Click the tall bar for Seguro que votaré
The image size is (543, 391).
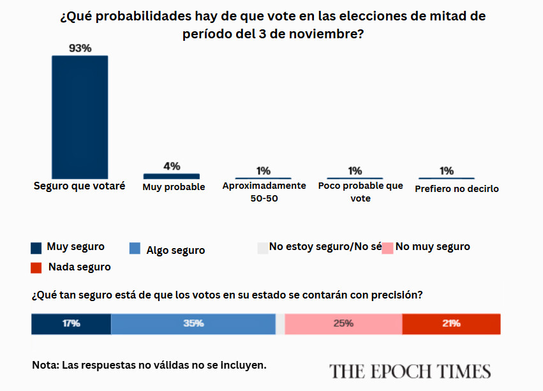pyautogui.click(x=80, y=117)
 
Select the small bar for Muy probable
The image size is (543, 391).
pyautogui.click(x=172, y=176)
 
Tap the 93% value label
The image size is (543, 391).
pyautogui.click(x=80, y=48)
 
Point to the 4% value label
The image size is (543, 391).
pyautogui.click(x=172, y=166)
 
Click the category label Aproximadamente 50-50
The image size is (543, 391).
pyautogui.click(x=264, y=192)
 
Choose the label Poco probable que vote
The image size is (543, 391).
pyautogui.click(x=361, y=192)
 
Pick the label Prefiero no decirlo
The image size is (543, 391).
pyautogui.click(x=457, y=189)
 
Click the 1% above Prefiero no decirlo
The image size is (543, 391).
pyautogui.click(x=447, y=171)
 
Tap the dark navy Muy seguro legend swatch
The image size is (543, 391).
pyautogui.click(x=36, y=248)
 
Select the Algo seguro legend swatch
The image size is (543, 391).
pyautogui.click(x=135, y=248)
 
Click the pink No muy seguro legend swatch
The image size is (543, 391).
pyautogui.click(x=387, y=248)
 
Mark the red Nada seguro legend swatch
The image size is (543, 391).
pyautogui.click(x=36, y=268)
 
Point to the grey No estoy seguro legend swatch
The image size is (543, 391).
pyautogui.click(x=263, y=248)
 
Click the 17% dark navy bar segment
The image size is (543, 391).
pyautogui.click(x=71, y=324)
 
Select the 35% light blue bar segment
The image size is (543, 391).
pyautogui.click(x=193, y=324)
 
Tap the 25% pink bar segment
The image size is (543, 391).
pyautogui.click(x=343, y=324)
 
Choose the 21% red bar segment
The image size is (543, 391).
pyautogui.click(x=451, y=324)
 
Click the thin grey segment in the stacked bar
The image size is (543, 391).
pyautogui.click(x=280, y=324)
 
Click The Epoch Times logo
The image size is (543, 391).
pyautogui.click(x=410, y=371)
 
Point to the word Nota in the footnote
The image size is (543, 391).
pyautogui.click(x=45, y=365)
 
